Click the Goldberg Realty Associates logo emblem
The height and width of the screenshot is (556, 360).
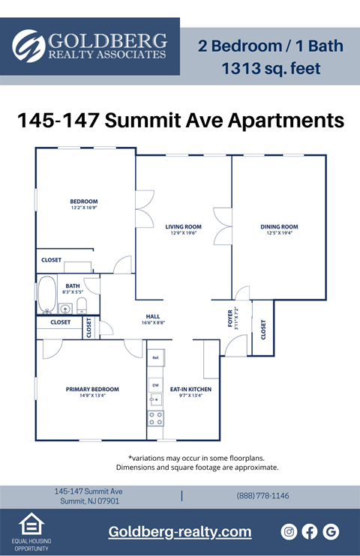28,46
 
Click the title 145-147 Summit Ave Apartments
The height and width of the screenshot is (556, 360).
180,120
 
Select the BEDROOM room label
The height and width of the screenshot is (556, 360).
84,202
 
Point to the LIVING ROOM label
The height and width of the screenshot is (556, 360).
183,226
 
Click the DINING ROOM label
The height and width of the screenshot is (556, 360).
279,226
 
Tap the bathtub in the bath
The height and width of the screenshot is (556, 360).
47,295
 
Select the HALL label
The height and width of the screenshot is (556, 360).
153,316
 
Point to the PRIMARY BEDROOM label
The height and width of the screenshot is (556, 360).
92,389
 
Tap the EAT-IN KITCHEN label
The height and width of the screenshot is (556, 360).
190,389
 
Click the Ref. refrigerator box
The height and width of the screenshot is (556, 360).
156,358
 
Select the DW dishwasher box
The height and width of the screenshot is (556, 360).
156,384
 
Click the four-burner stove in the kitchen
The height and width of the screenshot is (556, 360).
156,417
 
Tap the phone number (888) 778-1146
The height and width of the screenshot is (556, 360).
262,495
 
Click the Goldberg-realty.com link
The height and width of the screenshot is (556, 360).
180,531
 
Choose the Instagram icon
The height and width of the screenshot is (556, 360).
289,531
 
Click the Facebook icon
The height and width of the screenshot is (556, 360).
310,531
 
